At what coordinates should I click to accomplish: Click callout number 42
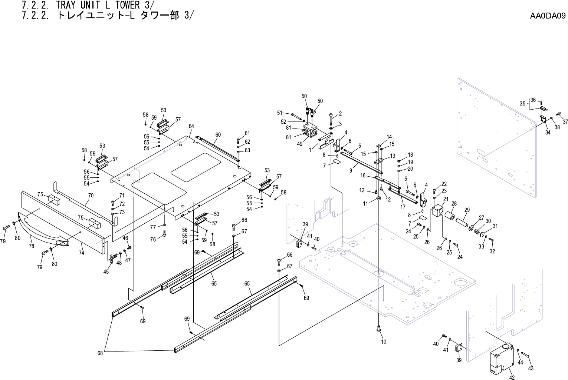(512, 377)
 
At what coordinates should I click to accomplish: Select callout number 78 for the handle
(31, 246)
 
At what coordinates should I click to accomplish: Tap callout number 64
(191, 126)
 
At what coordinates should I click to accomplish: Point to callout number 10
(384, 341)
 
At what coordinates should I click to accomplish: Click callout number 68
(100, 353)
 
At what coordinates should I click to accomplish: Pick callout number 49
(299, 144)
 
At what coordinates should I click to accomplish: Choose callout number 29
(467, 210)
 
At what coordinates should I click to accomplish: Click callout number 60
(218, 135)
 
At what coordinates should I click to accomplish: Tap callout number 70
(91, 195)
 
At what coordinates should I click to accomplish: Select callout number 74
(81, 253)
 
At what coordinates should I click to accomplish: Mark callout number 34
(548, 133)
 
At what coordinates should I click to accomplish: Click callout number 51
(280, 113)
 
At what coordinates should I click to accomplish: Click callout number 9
(351, 171)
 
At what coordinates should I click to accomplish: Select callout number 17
(403, 207)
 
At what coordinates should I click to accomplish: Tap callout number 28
(454, 204)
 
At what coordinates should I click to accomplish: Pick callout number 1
(310, 150)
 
